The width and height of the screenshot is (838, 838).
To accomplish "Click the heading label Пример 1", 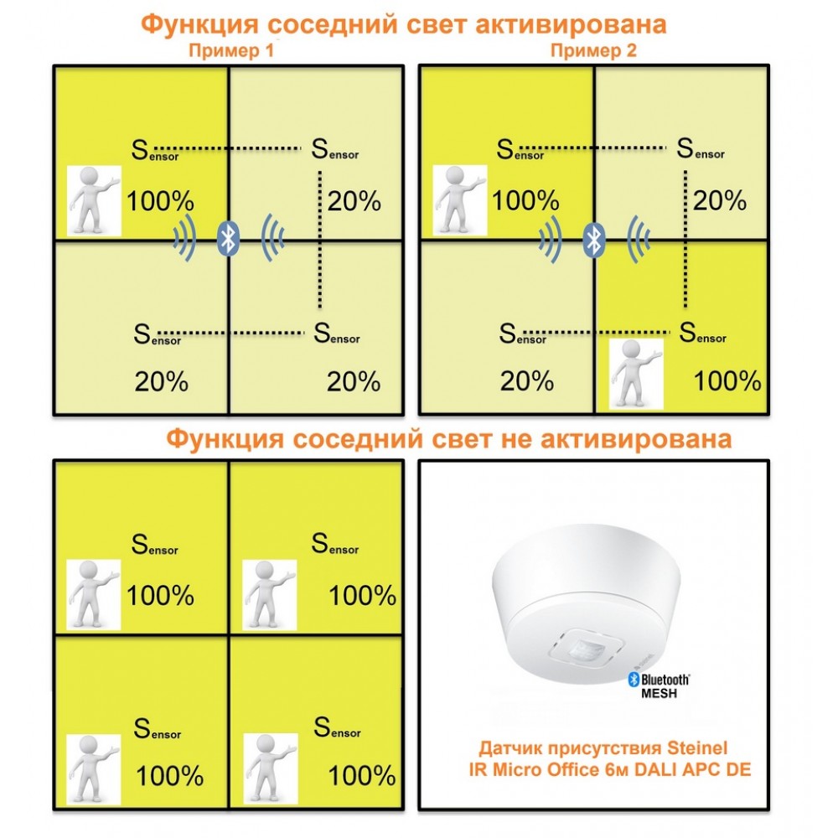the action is [231, 51].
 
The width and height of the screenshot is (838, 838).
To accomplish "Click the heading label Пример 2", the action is [594, 51].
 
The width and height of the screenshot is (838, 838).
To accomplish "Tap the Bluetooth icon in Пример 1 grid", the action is [228, 238].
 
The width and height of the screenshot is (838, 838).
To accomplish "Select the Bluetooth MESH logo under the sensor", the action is [660, 685].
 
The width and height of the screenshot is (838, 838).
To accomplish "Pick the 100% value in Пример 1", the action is [160, 201].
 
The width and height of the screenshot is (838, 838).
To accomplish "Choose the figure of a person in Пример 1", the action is [94, 201].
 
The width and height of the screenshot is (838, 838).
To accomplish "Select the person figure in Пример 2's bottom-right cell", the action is [637, 374].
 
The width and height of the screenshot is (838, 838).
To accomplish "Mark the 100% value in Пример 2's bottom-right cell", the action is [727, 381].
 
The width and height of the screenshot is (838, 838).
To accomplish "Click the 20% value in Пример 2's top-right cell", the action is [719, 201].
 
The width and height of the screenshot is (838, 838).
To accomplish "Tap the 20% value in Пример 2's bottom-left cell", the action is [527, 381].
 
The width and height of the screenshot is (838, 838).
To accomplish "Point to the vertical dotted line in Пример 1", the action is [320, 240].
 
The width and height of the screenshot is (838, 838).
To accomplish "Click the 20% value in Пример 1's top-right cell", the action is [354, 201].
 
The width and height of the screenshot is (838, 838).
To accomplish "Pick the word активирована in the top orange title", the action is [571, 24].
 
